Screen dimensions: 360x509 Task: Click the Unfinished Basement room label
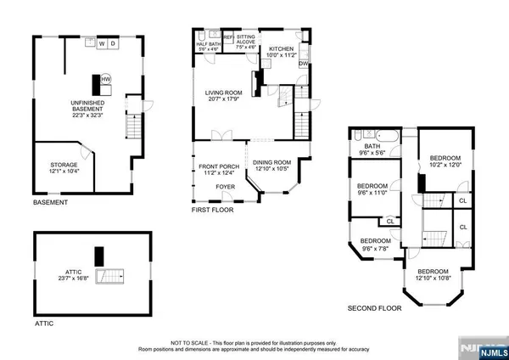[87, 108]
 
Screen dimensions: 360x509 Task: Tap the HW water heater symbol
[106, 79]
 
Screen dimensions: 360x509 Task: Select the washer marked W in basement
[101, 42]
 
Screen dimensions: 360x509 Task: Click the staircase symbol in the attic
[110, 277]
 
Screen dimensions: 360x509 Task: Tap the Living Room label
[224, 97]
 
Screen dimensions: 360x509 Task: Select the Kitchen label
[281, 49]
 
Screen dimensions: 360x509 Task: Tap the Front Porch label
[217, 168]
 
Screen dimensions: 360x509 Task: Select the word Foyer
[225, 185]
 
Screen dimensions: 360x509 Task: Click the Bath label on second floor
[372, 145]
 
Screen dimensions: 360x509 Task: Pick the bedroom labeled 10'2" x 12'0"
[445, 161]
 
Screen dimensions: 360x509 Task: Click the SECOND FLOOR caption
[373, 308]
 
